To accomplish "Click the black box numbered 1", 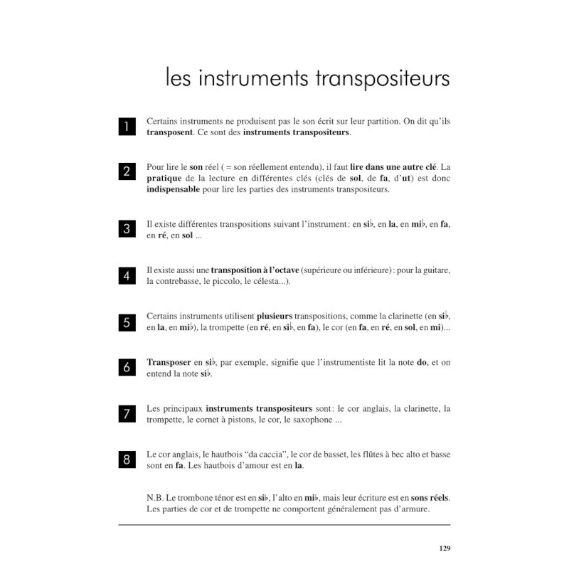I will (127, 127).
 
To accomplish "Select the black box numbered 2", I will (127, 171).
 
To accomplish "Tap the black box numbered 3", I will (127, 229).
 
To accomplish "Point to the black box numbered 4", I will (127, 276).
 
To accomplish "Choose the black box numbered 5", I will (127, 322).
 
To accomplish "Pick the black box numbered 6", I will (127, 368).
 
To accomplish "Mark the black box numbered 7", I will (127, 414).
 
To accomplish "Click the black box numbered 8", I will (127, 459).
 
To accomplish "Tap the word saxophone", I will (307, 420).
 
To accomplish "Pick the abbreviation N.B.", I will (156, 498).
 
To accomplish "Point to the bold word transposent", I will (171, 132).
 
